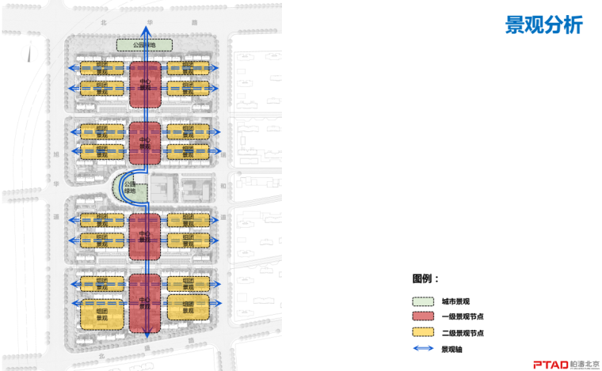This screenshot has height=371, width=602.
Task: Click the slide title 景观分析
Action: coord(543,25)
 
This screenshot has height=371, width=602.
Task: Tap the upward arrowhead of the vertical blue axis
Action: coord(146,29)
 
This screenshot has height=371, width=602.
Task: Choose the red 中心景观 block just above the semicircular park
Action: coord(145,143)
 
